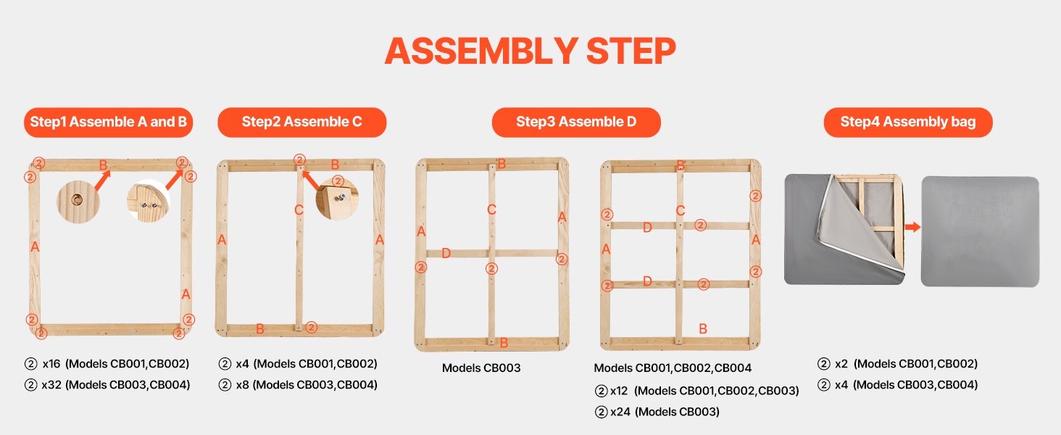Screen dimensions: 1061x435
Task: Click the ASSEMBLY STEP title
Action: tap(530, 51)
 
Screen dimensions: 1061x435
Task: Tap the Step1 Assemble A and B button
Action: tap(109, 123)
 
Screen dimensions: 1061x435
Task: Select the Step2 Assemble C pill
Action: tap(301, 123)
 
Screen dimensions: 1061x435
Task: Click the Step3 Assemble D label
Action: tap(576, 123)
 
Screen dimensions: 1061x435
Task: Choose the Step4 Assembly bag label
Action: tap(908, 123)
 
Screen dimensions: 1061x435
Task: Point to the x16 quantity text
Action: tap(51, 364)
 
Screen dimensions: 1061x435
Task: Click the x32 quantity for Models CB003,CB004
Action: tap(51, 385)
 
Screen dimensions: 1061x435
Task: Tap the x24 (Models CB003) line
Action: tap(657, 412)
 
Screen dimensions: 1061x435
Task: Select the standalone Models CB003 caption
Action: tap(481, 368)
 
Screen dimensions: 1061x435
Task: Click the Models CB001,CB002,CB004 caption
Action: tap(673, 368)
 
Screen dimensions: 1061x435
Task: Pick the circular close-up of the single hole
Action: tap(78, 202)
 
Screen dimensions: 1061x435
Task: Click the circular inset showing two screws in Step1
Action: tap(149, 202)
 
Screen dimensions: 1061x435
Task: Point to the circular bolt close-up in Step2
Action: tap(337, 199)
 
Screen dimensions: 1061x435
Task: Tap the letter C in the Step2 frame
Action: tap(299, 210)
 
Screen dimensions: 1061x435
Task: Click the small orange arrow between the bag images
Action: tap(912, 227)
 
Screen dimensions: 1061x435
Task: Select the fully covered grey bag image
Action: tap(980, 232)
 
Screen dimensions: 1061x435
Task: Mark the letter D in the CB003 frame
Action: tap(446, 254)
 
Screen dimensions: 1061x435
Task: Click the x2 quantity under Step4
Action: tap(841, 364)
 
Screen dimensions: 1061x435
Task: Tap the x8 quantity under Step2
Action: tap(243, 385)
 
